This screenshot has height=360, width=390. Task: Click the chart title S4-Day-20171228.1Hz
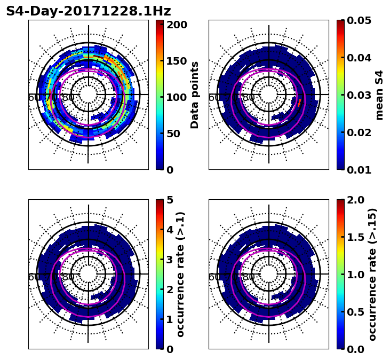[88, 11]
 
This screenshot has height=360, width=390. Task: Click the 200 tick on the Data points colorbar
[177, 25]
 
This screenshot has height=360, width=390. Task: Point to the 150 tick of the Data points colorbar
[177, 61]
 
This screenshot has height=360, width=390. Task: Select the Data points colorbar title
[195, 95]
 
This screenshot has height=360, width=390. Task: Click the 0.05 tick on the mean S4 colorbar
[359, 20]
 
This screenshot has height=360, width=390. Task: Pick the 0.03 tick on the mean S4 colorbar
[359, 95]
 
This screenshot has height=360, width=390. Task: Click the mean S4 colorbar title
[379, 95]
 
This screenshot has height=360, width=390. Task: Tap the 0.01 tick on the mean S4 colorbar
[359, 169]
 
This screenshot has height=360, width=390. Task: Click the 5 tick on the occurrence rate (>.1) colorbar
[170, 200]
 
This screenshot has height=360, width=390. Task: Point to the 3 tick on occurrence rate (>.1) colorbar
[170, 260]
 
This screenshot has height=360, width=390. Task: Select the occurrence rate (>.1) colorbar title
[180, 274]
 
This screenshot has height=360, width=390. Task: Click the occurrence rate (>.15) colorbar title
[372, 274]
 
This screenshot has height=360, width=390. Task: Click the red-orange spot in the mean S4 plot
[299, 101]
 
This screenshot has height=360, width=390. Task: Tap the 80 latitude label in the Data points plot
[68, 98]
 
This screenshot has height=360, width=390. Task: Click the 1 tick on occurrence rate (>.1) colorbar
[170, 319]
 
